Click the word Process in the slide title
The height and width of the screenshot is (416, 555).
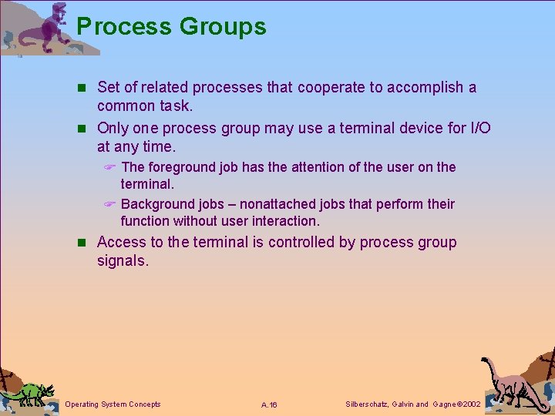(x=124, y=27)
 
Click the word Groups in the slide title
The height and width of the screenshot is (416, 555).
(x=223, y=27)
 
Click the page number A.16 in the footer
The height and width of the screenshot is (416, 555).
(x=269, y=405)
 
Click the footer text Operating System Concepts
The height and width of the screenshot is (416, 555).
(x=113, y=404)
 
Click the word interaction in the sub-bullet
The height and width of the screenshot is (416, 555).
(x=286, y=221)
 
